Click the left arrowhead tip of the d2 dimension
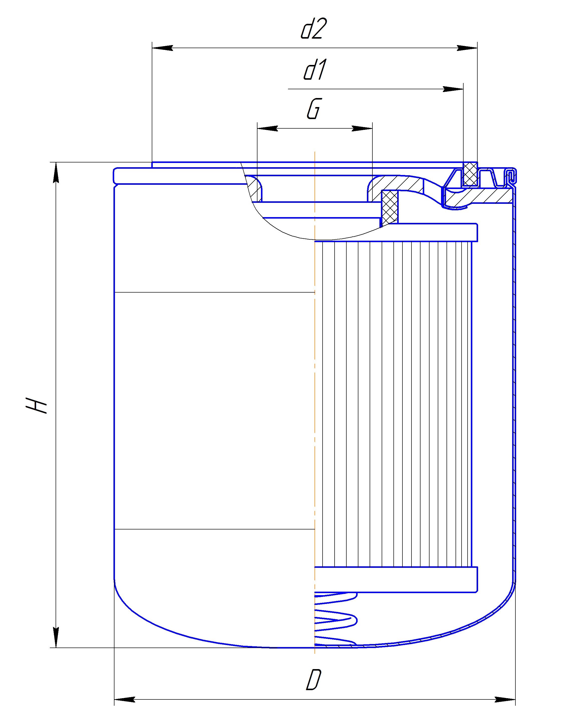coord(152,48)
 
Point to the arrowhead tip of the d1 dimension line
coord(463,89)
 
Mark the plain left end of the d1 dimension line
coord(288,89)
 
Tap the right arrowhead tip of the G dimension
coord(372,128)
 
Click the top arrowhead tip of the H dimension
coord(56,162)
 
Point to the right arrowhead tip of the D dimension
coord(515,700)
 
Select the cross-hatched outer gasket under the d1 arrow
coord(470,174)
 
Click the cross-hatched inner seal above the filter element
coord(389,207)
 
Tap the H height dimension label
coord(36,405)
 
